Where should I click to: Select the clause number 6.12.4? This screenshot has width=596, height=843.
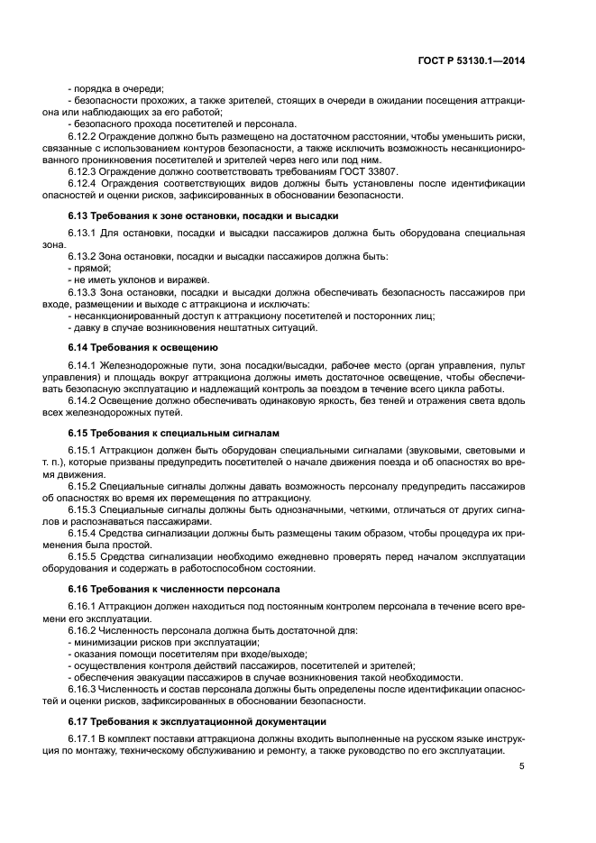tap(86, 183)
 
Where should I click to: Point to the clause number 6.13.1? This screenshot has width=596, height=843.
tap(86, 234)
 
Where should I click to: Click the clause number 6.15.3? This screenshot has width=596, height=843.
tap(86, 509)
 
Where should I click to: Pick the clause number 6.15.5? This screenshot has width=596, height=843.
tap(86, 555)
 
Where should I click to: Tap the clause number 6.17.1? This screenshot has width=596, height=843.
tap(86, 738)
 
